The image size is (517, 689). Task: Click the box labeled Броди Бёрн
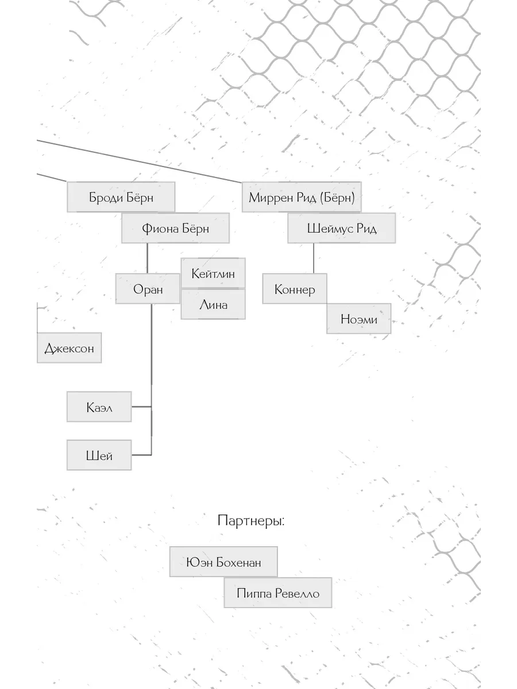(121, 197)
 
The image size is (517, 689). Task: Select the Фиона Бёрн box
(175, 228)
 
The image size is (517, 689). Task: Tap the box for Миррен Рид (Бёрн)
(302, 197)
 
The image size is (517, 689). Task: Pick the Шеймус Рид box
(342, 228)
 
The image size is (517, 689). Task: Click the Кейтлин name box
(213, 273)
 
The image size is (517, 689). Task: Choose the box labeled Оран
(148, 288)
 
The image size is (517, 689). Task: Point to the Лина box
(213, 304)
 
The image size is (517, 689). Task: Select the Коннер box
(295, 288)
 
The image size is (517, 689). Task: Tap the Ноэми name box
(359, 319)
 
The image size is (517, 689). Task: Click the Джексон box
(69, 348)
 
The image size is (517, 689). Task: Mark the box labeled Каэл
(99, 407)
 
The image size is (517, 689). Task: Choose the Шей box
(99, 455)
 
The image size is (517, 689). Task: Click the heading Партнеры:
(251, 520)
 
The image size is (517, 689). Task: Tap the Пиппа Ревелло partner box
(278, 593)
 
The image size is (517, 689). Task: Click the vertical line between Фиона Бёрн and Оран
(148, 258)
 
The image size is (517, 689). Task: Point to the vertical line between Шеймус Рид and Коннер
(314, 258)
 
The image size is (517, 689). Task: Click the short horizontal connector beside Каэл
(141, 407)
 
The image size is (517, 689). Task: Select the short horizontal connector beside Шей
(141, 455)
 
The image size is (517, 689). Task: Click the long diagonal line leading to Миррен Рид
(140, 161)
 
